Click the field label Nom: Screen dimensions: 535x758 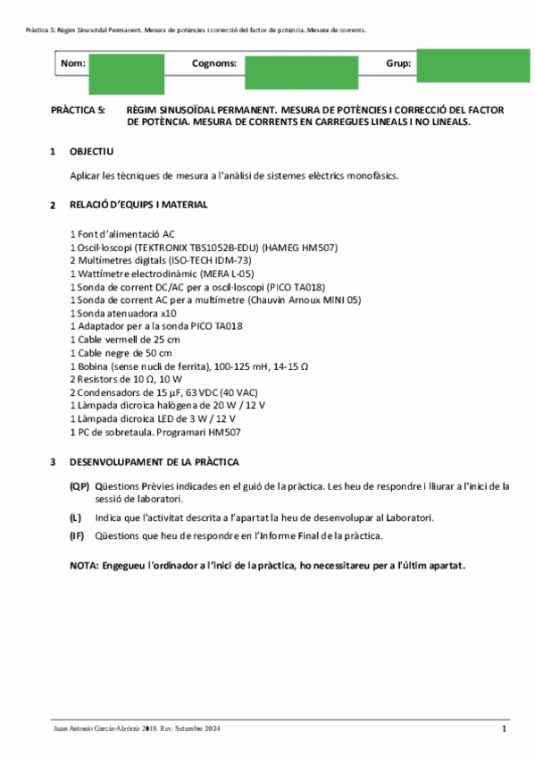pyautogui.click(x=73, y=63)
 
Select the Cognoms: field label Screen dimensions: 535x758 pyautogui.click(x=214, y=63)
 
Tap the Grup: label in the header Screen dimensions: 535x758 pyautogui.click(x=398, y=63)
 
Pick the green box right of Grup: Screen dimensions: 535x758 pyautogui.click(x=472, y=65)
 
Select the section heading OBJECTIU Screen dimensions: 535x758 pyautogui.click(x=91, y=152)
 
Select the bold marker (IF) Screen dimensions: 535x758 pyautogui.click(x=78, y=535)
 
